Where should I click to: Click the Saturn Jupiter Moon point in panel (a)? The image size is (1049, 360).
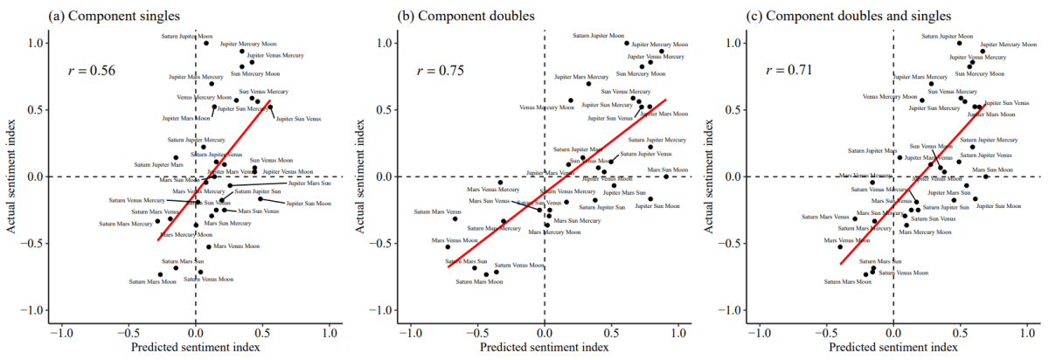[x=206, y=43]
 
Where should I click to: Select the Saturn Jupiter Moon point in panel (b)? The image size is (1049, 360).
[x=627, y=43]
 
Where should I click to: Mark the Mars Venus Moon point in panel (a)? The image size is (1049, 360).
[x=209, y=247]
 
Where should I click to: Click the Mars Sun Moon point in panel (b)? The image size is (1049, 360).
[x=666, y=177]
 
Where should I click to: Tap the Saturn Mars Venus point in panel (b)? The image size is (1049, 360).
[x=455, y=218]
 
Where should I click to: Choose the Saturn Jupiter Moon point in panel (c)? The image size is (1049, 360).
[x=959, y=43]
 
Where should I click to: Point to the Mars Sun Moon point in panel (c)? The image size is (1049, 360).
[x=985, y=177]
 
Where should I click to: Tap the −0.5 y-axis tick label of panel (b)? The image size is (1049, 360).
[x=386, y=244]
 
